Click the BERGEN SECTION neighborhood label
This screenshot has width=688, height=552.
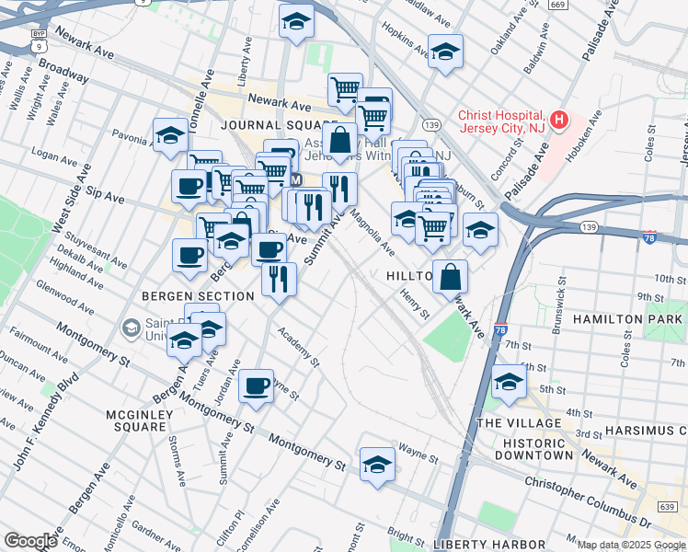point(197,296)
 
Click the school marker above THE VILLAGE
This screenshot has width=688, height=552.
point(509,380)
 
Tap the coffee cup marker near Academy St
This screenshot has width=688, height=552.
point(257,385)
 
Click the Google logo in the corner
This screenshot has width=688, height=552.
point(30,541)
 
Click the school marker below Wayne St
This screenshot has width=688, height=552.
point(377,466)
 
